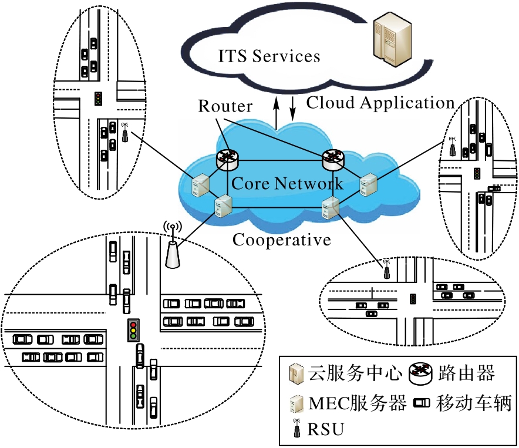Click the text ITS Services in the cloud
[269, 56]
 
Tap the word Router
[225, 106]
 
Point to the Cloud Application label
[381, 103]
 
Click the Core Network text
[287, 183]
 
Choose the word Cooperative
[282, 240]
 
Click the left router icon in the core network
[227, 157]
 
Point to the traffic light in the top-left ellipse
[98, 98]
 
